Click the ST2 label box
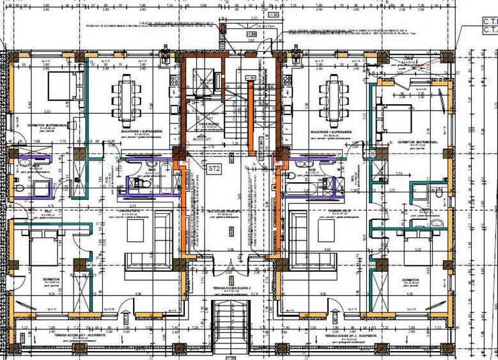(214, 168)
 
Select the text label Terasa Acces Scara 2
(230, 289)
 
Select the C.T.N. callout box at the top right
(489, 25)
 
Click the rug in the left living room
(136, 231)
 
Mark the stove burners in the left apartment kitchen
(173, 79)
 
